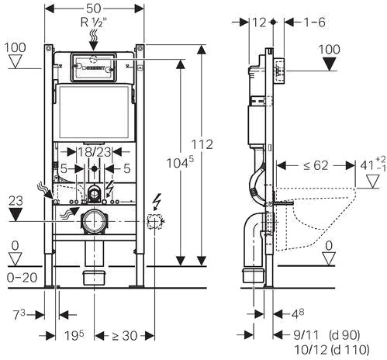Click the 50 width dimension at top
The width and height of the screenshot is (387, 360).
pyautogui.click(x=93, y=9)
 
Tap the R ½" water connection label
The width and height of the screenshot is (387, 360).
pyautogui.click(x=94, y=22)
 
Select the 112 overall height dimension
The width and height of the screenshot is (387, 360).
pyautogui.click(x=202, y=144)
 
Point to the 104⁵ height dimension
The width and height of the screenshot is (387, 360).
pyautogui.click(x=180, y=163)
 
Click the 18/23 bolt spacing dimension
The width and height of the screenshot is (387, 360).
pyautogui.click(x=95, y=152)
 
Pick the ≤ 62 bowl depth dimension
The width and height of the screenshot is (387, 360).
pyautogui.click(x=316, y=165)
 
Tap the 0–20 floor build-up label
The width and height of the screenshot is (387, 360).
pyautogui.click(x=22, y=278)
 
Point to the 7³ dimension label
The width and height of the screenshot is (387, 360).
pyautogui.click(x=19, y=314)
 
